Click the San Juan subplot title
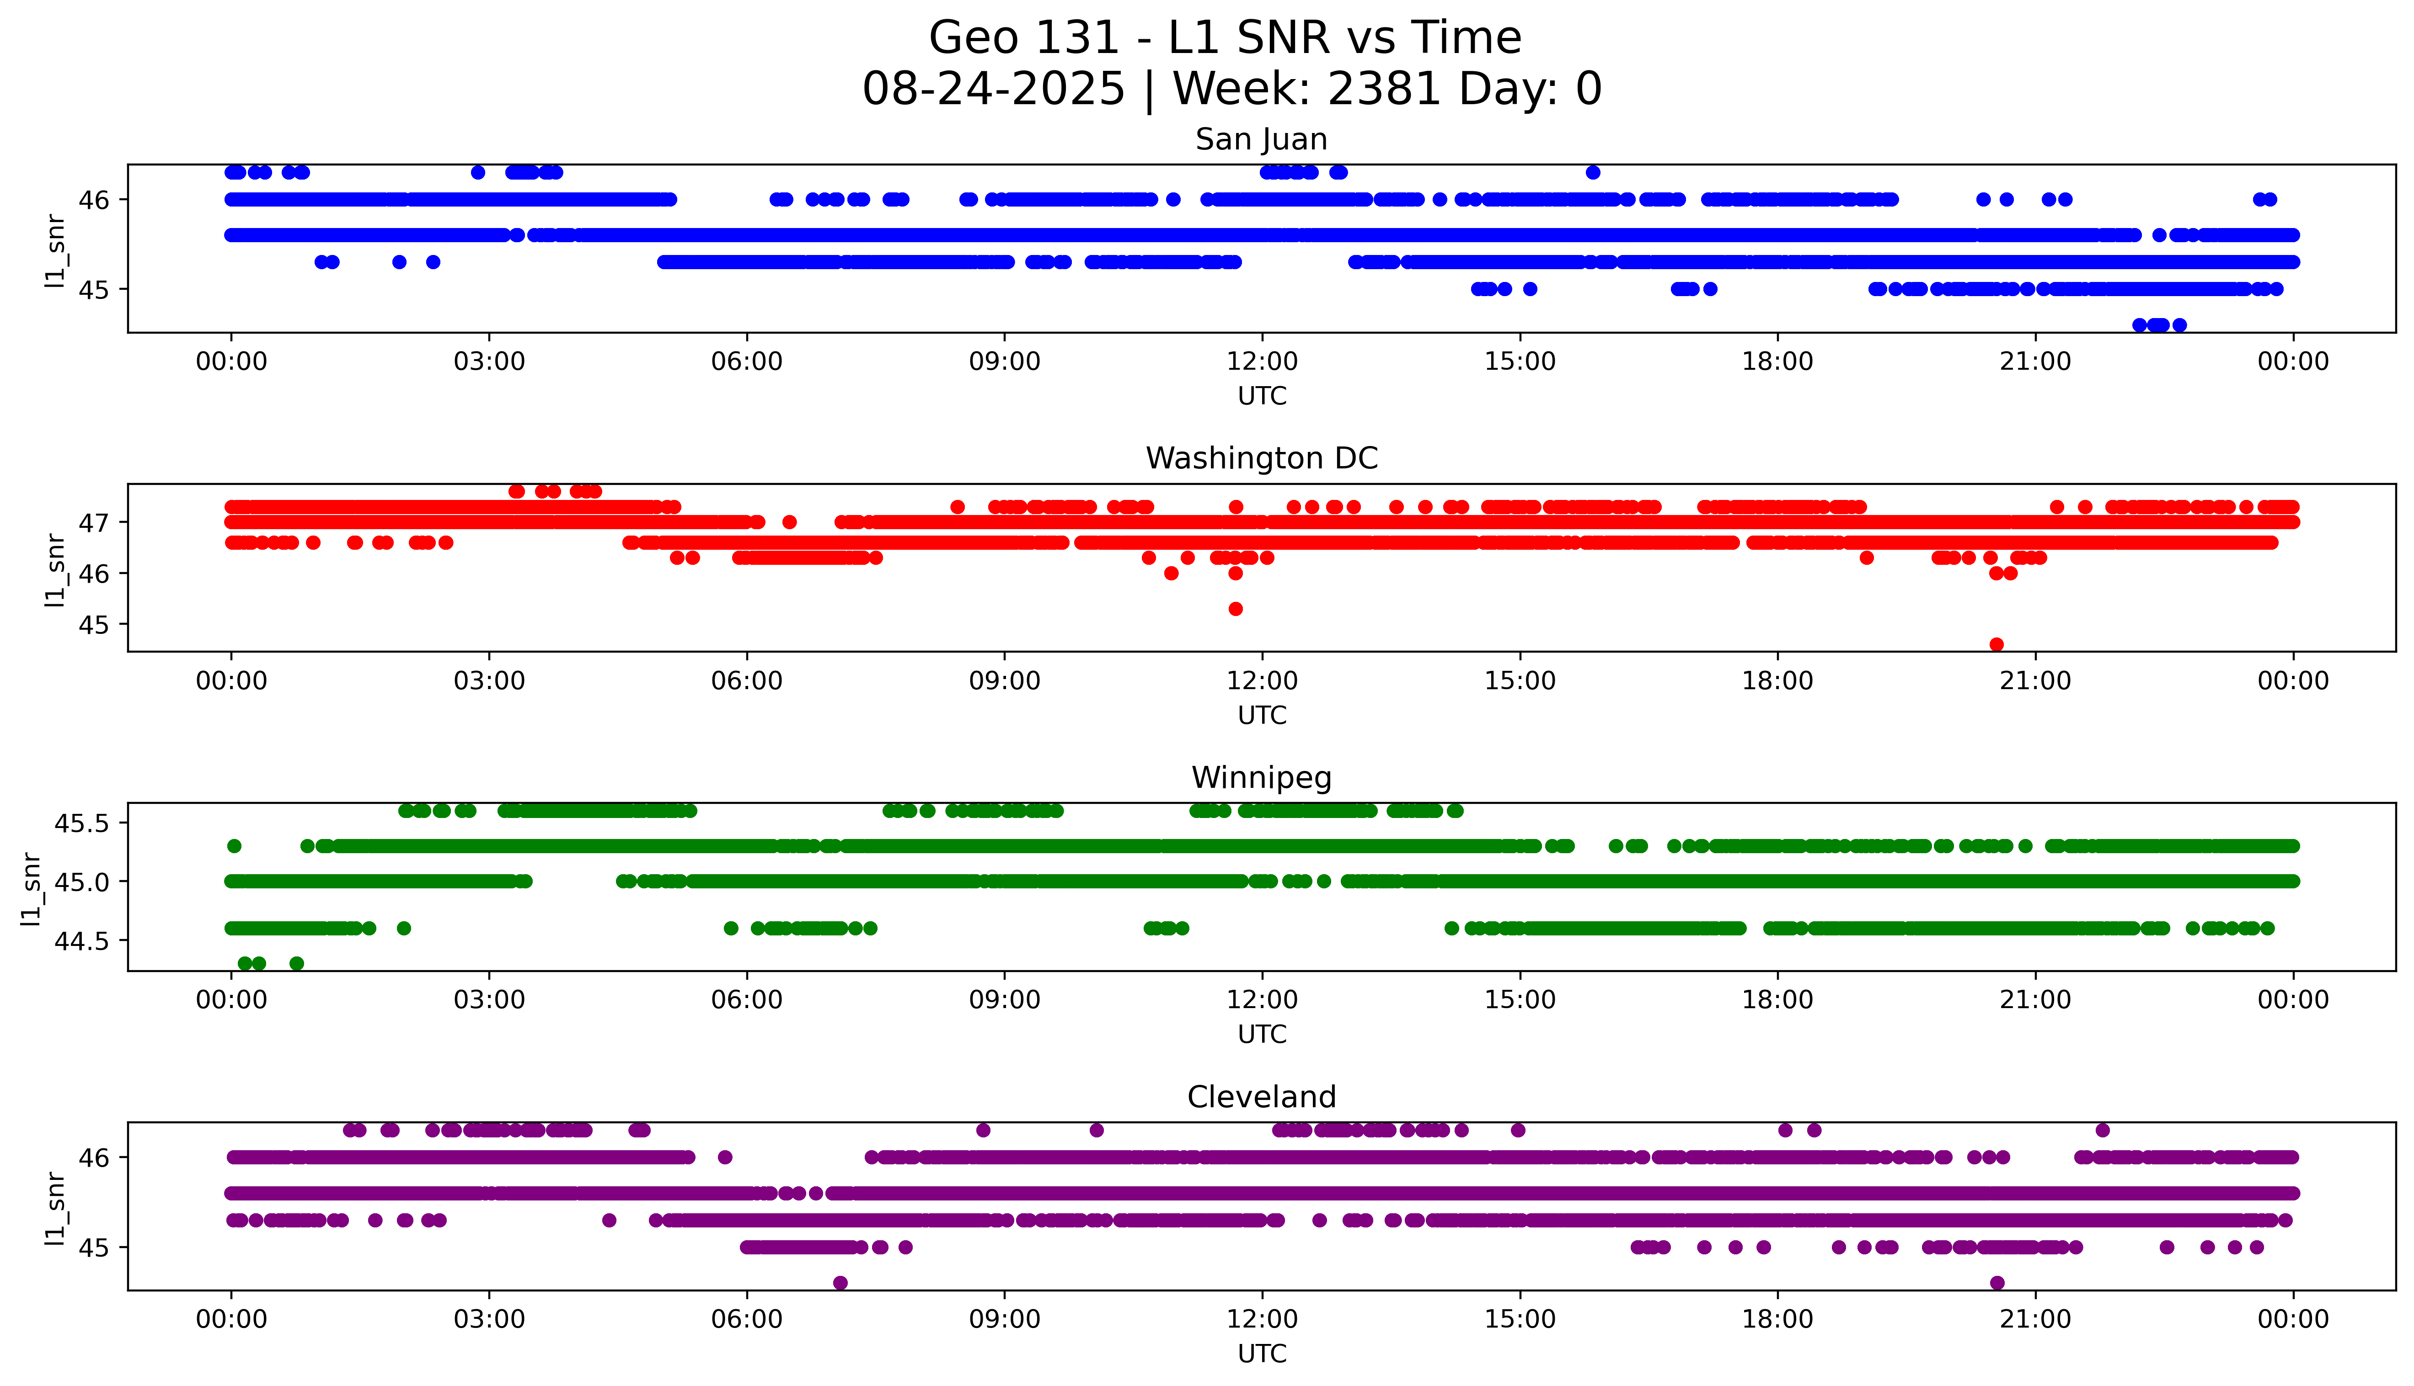[x=1261, y=140]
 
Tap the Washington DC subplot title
[x=1261, y=459]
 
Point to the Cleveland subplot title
[x=1261, y=1098]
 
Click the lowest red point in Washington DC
[x=1997, y=644]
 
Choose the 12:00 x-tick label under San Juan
[x=1262, y=362]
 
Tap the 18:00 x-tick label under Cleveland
[x=1777, y=1319]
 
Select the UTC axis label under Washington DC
[x=1262, y=715]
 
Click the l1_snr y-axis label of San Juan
[x=55, y=251]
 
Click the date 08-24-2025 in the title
[x=993, y=90]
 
